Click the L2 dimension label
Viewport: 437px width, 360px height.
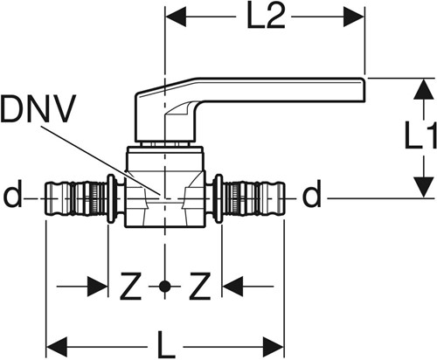(266, 17)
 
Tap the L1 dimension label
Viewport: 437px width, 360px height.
(420, 135)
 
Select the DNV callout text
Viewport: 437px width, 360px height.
(38, 108)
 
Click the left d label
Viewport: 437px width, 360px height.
(13, 194)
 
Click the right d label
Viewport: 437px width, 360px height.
(311, 194)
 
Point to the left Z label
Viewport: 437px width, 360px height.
(131, 286)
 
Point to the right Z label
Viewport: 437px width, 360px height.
(199, 286)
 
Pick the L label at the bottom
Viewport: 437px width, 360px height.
(166, 344)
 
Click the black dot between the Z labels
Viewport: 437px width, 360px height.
(165, 287)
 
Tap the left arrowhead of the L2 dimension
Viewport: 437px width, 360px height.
(176, 17)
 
